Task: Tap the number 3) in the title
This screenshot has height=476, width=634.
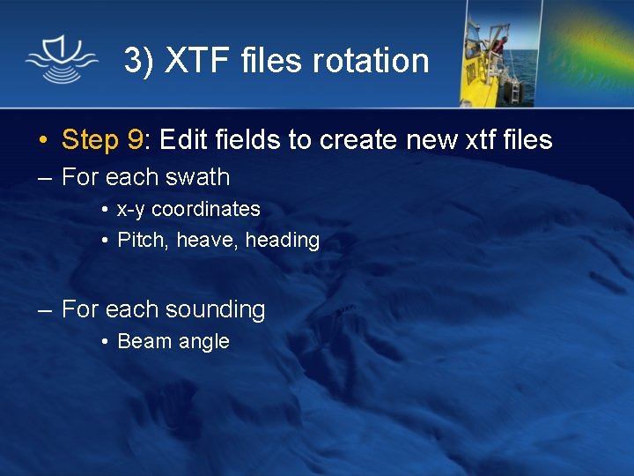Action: pyautogui.click(x=140, y=61)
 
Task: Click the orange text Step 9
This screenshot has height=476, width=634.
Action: pyautogui.click(x=102, y=139)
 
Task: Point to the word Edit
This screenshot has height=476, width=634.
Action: pyautogui.click(x=183, y=139)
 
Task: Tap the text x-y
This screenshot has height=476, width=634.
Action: pyautogui.click(x=131, y=210)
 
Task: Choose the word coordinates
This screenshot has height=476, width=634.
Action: pyautogui.click(x=206, y=210)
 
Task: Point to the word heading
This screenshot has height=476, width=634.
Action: pyautogui.click(x=282, y=240)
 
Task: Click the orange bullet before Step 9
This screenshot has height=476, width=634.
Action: pyautogui.click(x=42, y=140)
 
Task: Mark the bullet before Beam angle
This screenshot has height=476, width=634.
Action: pyautogui.click(x=104, y=342)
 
